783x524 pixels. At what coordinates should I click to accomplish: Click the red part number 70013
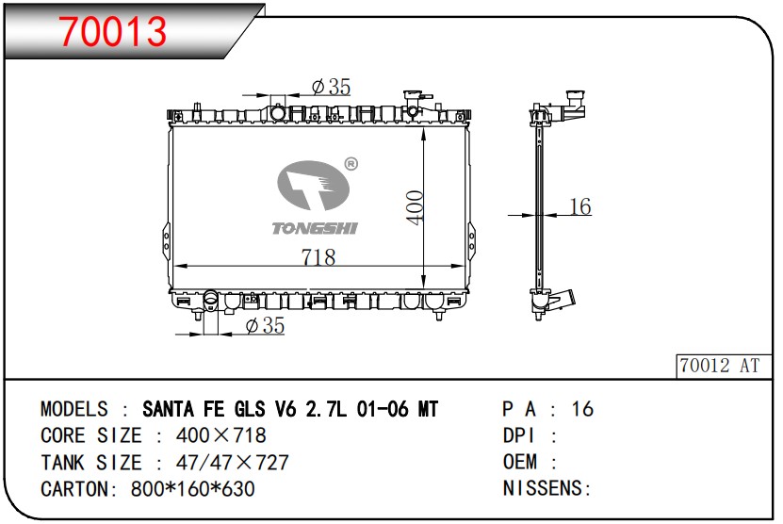click(113, 31)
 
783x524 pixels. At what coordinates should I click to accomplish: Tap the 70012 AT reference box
click(723, 366)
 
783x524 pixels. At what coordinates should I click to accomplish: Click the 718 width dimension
click(318, 257)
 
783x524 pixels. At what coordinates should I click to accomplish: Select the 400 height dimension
click(415, 207)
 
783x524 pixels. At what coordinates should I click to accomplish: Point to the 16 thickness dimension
click(580, 206)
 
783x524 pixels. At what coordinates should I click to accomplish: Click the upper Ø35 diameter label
click(331, 87)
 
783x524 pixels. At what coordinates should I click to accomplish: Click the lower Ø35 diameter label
click(265, 326)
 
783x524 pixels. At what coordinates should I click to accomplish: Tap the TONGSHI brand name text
click(315, 228)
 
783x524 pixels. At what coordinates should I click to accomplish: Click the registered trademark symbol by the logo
click(351, 164)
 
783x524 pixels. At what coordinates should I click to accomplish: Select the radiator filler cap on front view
click(413, 95)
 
